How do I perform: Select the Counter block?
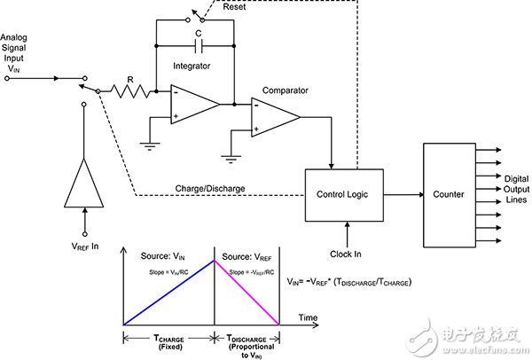pos(449,194)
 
